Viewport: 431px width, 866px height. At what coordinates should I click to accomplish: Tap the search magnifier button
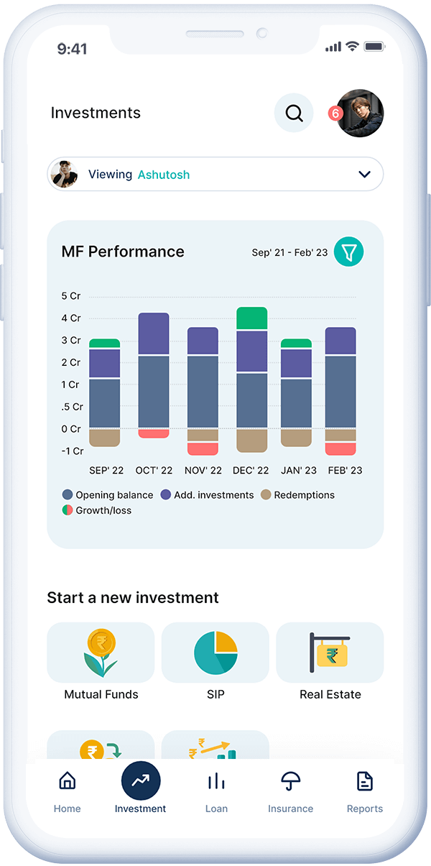[294, 113]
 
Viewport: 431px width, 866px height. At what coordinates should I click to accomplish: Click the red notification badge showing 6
[335, 114]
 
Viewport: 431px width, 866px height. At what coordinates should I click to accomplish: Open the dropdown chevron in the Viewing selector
[364, 174]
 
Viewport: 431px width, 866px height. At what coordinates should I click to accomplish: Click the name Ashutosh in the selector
[164, 175]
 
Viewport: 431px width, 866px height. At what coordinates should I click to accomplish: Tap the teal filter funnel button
[349, 252]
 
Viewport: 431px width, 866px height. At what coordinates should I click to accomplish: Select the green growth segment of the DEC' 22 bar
[251, 318]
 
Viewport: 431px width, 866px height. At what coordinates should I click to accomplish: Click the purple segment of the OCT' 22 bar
[154, 333]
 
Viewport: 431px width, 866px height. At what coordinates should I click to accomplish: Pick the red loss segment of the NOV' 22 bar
[203, 448]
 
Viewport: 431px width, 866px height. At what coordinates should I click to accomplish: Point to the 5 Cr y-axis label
[71, 296]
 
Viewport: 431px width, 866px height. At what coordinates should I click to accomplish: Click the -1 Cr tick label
[73, 451]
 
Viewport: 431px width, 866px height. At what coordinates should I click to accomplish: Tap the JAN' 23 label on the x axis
[299, 471]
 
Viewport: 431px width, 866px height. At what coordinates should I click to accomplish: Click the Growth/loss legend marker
[68, 510]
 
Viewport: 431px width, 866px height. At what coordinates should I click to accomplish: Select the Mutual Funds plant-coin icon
[101, 652]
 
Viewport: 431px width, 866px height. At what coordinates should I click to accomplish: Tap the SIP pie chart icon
[215, 653]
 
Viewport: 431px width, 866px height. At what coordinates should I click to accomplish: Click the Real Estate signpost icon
[330, 653]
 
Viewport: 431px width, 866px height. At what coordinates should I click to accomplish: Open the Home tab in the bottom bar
[67, 789]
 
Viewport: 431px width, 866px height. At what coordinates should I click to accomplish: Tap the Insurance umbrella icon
[290, 781]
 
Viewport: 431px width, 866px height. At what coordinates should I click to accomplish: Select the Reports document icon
[365, 781]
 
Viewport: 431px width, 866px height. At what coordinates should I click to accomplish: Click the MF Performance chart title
[123, 252]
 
